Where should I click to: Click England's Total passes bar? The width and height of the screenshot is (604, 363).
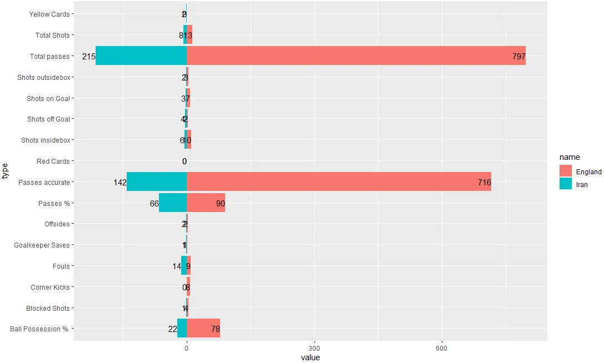click(x=356, y=56)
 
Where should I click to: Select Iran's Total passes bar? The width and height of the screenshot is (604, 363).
click(x=141, y=56)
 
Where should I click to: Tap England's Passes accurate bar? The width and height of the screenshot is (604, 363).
click(x=339, y=182)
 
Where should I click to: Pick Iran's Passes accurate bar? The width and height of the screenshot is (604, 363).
click(x=157, y=182)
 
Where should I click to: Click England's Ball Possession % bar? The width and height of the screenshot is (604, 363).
click(x=203, y=329)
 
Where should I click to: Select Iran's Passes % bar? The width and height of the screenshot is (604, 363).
click(x=173, y=203)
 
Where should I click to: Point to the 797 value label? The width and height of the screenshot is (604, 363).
click(x=518, y=57)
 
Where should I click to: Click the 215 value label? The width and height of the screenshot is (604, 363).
click(x=89, y=57)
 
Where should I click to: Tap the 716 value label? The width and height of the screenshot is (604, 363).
click(x=484, y=183)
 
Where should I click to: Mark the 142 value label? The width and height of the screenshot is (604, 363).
click(x=120, y=183)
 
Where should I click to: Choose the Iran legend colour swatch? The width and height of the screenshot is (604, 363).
click(x=566, y=184)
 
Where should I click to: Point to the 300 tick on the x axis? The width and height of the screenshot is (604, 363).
click(x=315, y=348)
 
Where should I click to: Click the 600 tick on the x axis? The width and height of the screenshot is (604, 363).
click(x=442, y=348)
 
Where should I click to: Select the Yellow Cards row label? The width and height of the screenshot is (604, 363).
click(x=49, y=14)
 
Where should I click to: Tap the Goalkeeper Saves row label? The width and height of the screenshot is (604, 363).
click(x=42, y=245)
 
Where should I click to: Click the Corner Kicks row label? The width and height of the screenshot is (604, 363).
click(x=50, y=288)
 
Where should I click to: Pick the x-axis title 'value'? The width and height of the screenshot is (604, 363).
click(x=311, y=357)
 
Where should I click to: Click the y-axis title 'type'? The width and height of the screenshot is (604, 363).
click(x=6, y=171)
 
